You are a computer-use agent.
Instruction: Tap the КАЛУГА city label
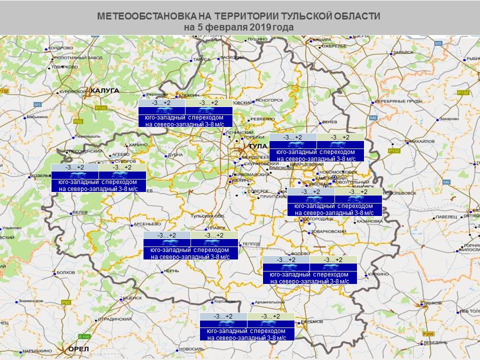click(104, 90)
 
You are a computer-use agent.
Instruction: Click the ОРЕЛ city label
click(78, 348)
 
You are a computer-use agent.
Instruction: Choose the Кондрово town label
click(61, 48)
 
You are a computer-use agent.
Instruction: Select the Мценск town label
click(131, 297)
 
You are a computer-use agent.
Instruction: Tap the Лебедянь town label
click(434, 342)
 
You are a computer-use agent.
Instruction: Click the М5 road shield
click(438, 44)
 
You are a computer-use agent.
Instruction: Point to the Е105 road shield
click(84, 336)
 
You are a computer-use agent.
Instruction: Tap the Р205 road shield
click(426, 334)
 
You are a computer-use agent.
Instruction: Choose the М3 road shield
click(37, 104)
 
